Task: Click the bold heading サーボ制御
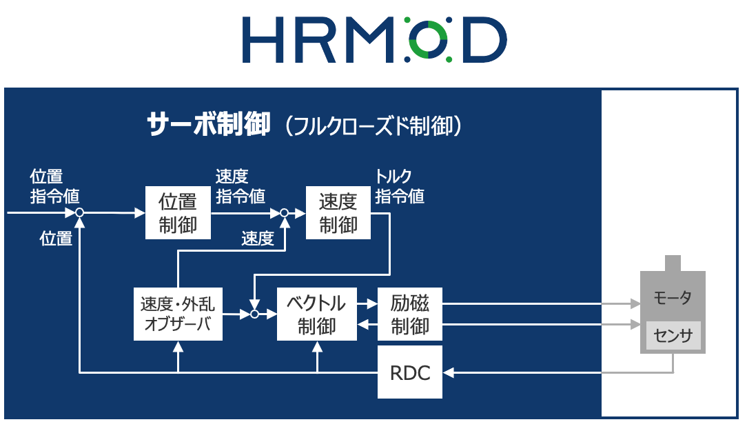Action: (207, 125)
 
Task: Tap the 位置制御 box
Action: (178, 213)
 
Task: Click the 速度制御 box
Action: (338, 213)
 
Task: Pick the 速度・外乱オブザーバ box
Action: (178, 314)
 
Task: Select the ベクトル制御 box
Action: (317, 314)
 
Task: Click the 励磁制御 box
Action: (410, 314)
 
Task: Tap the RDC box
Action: (410, 373)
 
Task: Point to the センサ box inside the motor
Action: (673, 336)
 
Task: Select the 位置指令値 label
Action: (54, 186)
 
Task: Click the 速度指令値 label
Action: (241, 186)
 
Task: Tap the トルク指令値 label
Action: (400, 186)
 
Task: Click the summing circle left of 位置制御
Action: (79, 213)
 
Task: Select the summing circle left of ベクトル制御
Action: (254, 314)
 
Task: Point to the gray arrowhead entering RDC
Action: (449, 373)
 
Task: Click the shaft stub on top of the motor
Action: (673, 263)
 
